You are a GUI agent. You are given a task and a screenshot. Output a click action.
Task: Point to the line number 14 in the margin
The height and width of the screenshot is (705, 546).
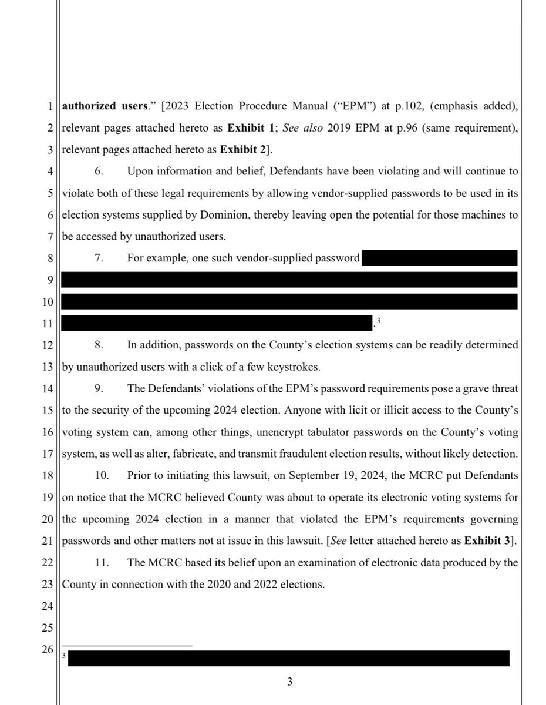[48, 389]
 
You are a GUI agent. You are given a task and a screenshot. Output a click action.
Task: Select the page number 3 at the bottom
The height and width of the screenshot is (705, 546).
[289, 682]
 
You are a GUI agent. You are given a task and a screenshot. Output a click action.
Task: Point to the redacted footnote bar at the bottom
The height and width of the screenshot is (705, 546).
[288, 658]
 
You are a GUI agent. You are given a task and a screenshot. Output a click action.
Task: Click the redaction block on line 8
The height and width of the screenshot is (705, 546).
[439, 258]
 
